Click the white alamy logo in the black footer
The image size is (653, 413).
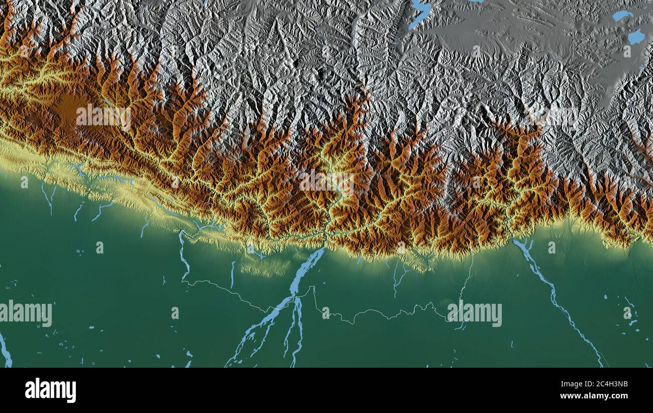click(50, 390)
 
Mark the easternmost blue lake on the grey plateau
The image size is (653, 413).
click(636, 36)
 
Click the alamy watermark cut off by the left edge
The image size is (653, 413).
click(26, 313)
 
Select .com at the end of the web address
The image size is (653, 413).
click(619, 396)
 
